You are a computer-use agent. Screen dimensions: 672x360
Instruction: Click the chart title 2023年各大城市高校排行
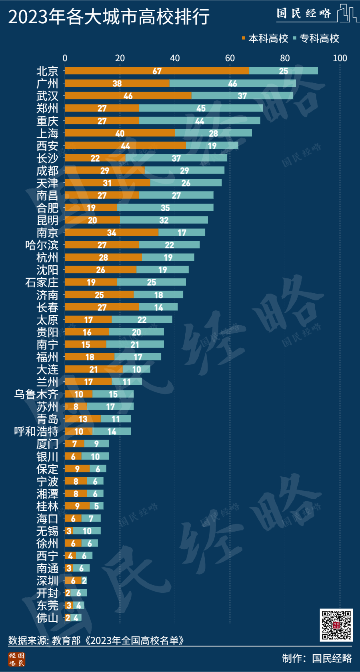(x=109, y=17)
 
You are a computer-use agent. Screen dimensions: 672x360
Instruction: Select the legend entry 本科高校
(x=265, y=38)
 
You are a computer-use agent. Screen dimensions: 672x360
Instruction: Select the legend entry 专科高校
(x=316, y=38)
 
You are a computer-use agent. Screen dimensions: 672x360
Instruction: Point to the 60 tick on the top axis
(x=230, y=58)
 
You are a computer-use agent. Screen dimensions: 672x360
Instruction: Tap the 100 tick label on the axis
(x=340, y=58)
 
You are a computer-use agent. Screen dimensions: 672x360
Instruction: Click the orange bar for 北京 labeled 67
(x=157, y=71)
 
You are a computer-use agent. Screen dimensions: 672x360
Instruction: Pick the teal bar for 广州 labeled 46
(x=232, y=83)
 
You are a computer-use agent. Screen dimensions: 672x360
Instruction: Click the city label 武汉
(x=47, y=96)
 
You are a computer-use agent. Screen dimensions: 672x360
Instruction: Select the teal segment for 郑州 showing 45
(x=201, y=108)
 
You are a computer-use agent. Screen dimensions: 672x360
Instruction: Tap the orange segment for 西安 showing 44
(x=125, y=146)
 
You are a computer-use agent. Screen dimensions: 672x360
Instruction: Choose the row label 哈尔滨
(x=42, y=245)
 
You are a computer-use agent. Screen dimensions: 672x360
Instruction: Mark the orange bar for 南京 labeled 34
(x=112, y=232)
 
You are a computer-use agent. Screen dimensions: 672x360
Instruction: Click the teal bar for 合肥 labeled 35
(x=165, y=208)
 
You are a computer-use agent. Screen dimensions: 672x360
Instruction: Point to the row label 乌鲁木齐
(x=36, y=394)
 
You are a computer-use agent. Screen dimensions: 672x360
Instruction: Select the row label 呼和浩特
(x=36, y=432)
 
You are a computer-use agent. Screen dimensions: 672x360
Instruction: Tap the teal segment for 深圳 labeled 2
(x=84, y=580)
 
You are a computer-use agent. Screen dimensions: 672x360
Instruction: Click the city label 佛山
(x=47, y=618)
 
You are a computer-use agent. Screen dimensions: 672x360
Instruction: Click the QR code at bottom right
(x=336, y=625)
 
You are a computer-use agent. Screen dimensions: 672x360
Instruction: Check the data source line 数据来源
(x=96, y=640)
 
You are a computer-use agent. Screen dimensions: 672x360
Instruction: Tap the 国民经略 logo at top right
(x=316, y=14)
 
